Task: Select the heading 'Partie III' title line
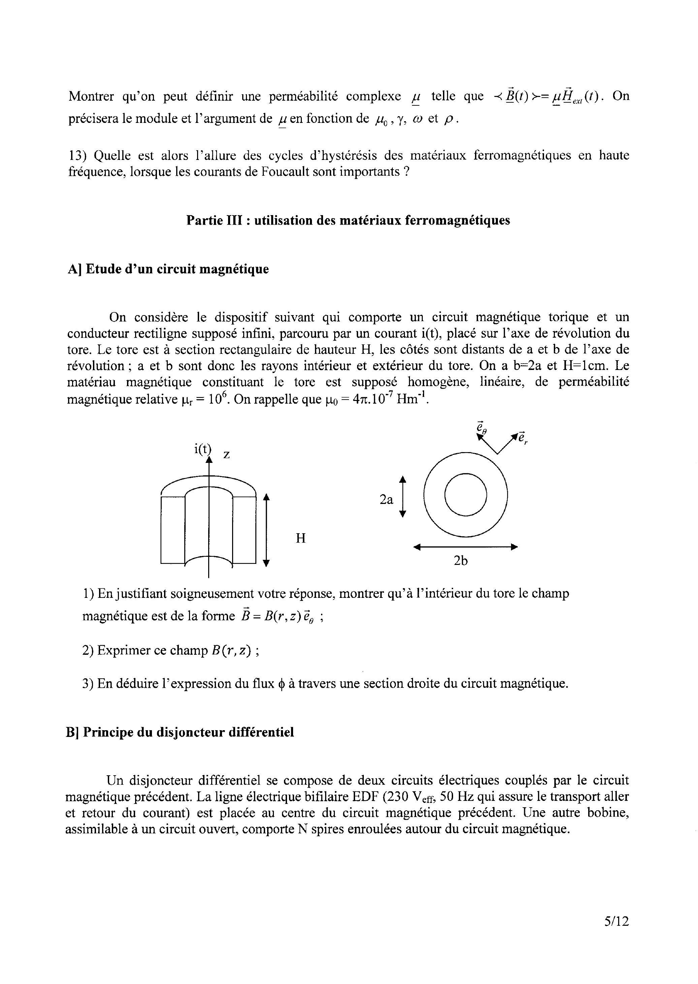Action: coord(348,220)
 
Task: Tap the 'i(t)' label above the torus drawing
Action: coord(202,448)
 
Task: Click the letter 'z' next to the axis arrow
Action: coord(226,454)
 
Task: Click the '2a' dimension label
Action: coord(386,500)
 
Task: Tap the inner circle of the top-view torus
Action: coord(466,495)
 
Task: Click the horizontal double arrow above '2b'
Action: coord(466,547)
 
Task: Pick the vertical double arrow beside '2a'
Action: coord(403,496)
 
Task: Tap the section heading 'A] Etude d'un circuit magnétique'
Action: coord(168,269)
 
